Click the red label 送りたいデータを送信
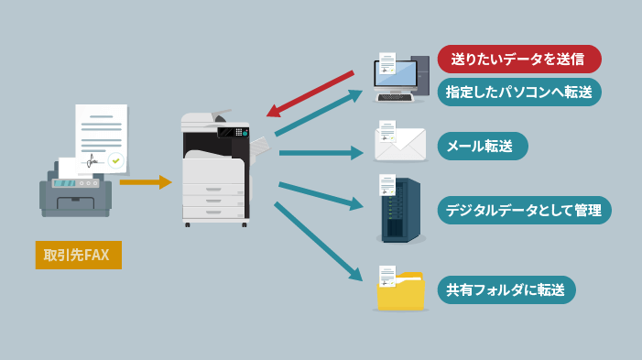click(x=518, y=59)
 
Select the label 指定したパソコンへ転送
click(x=518, y=92)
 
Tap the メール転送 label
click(x=482, y=146)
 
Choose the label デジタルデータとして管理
click(x=523, y=210)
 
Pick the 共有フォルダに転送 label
click(x=506, y=289)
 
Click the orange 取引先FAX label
click(x=78, y=254)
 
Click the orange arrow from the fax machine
click(x=145, y=182)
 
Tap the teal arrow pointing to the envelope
click(x=321, y=152)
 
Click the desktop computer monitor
click(x=396, y=75)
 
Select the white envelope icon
click(x=401, y=146)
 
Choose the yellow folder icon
click(x=401, y=291)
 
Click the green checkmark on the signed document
click(x=116, y=160)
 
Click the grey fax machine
click(x=75, y=192)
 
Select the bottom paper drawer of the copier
click(x=213, y=212)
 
